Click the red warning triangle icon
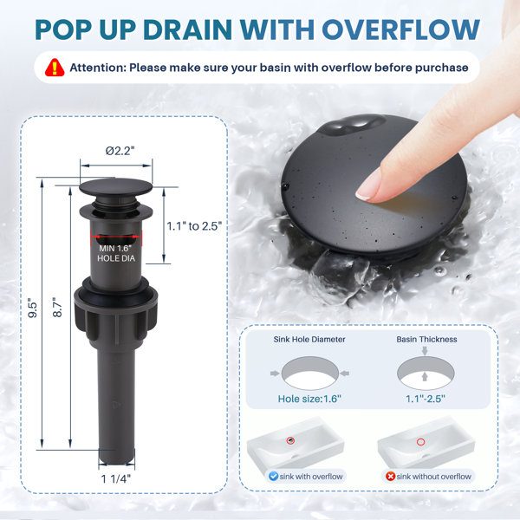tap(55, 68)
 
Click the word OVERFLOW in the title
tap(401, 29)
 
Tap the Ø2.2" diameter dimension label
tap(120, 151)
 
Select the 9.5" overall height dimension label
tap(33, 310)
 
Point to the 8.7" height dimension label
tap(57, 308)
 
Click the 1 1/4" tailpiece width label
tap(116, 479)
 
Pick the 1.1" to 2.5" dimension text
tap(194, 226)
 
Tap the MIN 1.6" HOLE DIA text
tap(116, 253)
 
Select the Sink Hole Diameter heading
tap(309, 339)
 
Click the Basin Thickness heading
tap(426, 339)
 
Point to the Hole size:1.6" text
tap(309, 399)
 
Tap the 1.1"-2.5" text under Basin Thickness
tap(426, 399)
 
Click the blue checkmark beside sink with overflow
tap(273, 476)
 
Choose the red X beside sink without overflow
tap(390, 477)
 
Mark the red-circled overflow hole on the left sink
tap(290, 440)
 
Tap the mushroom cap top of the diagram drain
tap(116, 186)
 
